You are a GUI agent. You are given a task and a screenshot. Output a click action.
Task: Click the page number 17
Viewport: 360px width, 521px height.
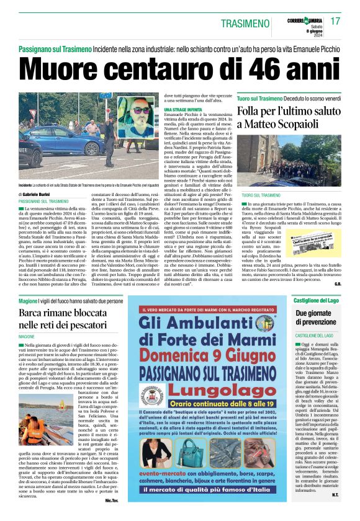pos(336,21)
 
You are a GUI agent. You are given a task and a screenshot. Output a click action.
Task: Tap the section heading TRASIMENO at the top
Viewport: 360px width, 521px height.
pos(245,23)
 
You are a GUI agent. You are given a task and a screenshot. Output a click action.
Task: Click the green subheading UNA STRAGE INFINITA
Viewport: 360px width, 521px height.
pos(184,110)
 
